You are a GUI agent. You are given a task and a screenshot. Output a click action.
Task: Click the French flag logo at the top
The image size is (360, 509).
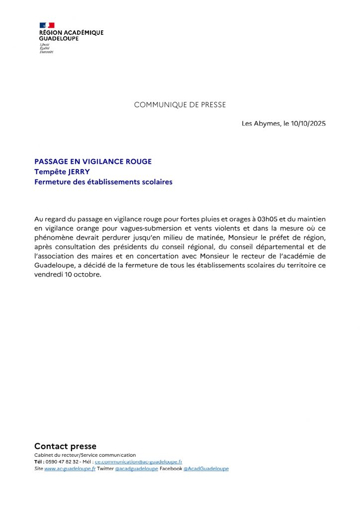tap(47, 25)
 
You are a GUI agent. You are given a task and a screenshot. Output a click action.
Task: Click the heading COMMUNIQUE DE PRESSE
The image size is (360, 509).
tap(180, 105)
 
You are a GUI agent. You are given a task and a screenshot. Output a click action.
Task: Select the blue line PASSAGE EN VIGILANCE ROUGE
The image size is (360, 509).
tap(93, 162)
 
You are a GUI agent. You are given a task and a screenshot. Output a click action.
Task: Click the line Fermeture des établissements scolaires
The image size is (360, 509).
tap(103, 182)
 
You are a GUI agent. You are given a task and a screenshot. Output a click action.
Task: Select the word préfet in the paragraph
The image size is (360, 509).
tap(275, 238)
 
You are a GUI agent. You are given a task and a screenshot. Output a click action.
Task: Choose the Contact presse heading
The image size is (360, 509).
tap(65, 446)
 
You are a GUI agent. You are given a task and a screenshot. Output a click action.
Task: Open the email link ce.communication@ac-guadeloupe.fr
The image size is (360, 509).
tap(138, 462)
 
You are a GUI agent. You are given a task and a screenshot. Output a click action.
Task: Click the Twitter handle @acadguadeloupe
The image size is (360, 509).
tap(136, 469)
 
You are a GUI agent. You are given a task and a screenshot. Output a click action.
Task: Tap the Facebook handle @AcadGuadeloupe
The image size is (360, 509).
tap(206, 469)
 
